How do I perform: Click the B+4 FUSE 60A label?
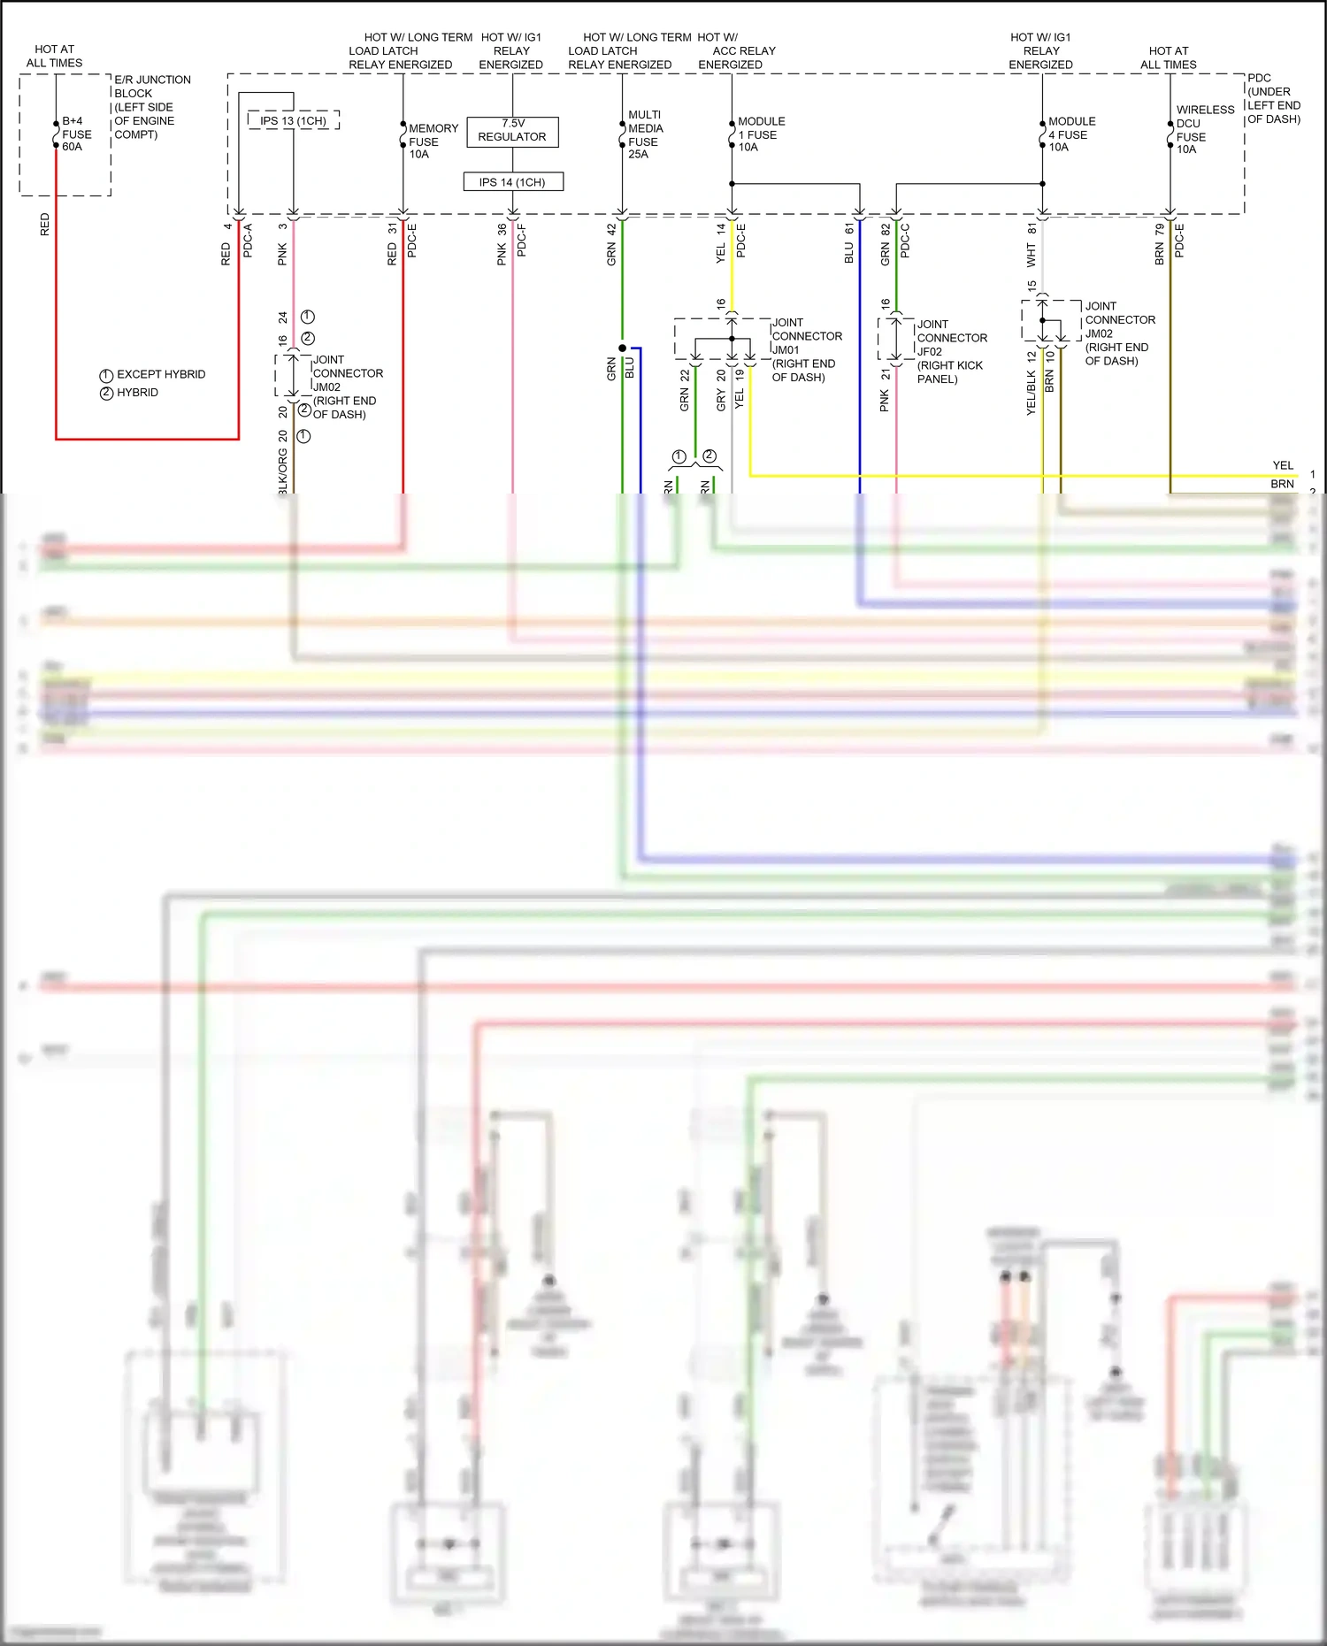76,134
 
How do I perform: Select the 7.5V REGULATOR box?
512,131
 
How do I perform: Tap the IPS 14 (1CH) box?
513,182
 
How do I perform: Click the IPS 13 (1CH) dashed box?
294,120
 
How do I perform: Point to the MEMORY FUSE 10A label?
433,142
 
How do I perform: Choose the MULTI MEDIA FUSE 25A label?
645,134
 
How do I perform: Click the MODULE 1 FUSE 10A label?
761,134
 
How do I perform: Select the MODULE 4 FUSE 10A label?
1071,134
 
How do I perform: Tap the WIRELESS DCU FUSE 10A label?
1204,130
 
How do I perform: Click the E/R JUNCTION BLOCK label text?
151,107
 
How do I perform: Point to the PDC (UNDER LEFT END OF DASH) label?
1273,98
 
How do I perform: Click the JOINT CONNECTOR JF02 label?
951,351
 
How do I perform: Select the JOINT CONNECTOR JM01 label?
806,349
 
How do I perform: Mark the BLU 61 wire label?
849,242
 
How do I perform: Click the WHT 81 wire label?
1032,245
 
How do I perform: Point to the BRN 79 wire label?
1160,244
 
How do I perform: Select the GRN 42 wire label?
611,244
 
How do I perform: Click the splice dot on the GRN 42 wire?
622,348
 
